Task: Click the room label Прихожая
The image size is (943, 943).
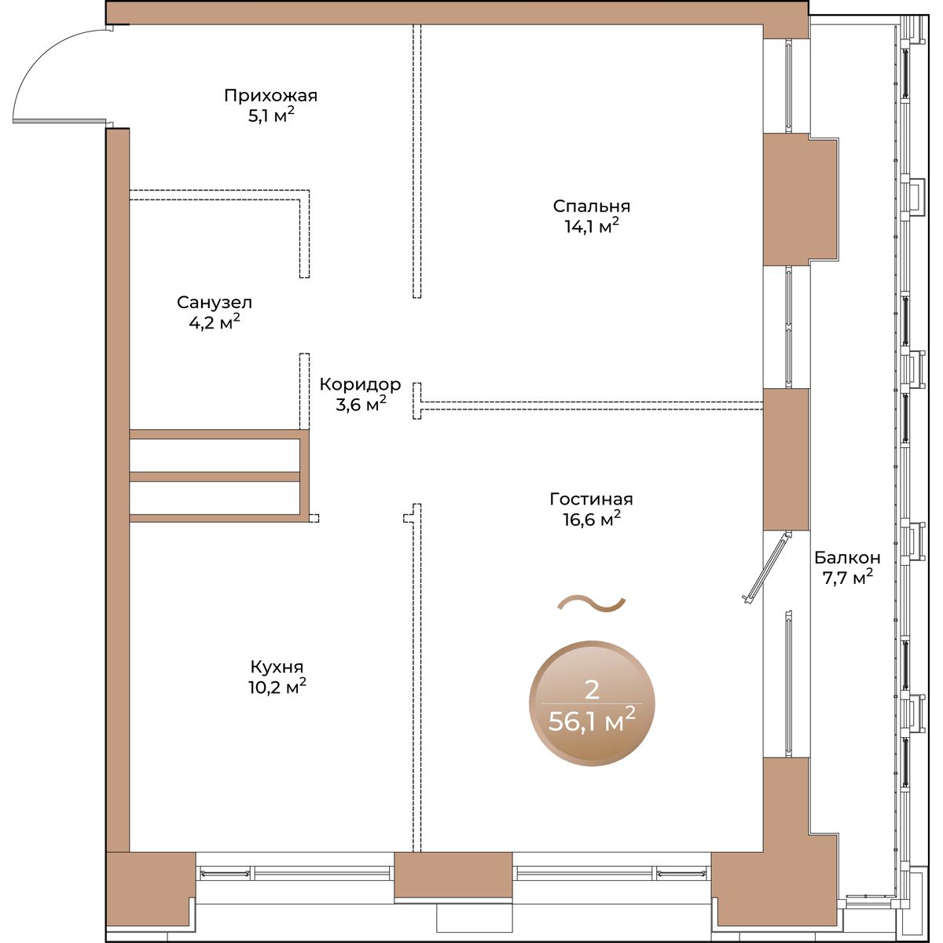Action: click(270, 95)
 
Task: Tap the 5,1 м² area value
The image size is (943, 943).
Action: click(271, 116)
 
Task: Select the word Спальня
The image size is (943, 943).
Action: click(591, 206)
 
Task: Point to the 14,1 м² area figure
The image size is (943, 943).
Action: click(593, 226)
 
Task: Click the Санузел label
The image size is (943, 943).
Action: click(215, 303)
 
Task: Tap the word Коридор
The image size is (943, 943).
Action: click(360, 384)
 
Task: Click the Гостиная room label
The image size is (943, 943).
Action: click(591, 499)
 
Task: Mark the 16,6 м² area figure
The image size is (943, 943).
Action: click(592, 519)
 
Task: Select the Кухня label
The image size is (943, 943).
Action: click(277, 666)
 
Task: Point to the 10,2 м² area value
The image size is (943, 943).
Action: click(277, 687)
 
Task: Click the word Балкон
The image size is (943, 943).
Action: click(847, 557)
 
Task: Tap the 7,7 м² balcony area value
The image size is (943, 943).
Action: click(848, 578)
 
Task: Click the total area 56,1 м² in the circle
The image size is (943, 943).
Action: click(592, 721)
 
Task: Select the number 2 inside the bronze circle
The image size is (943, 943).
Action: click(593, 691)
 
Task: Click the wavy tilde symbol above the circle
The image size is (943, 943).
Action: click(592, 604)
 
